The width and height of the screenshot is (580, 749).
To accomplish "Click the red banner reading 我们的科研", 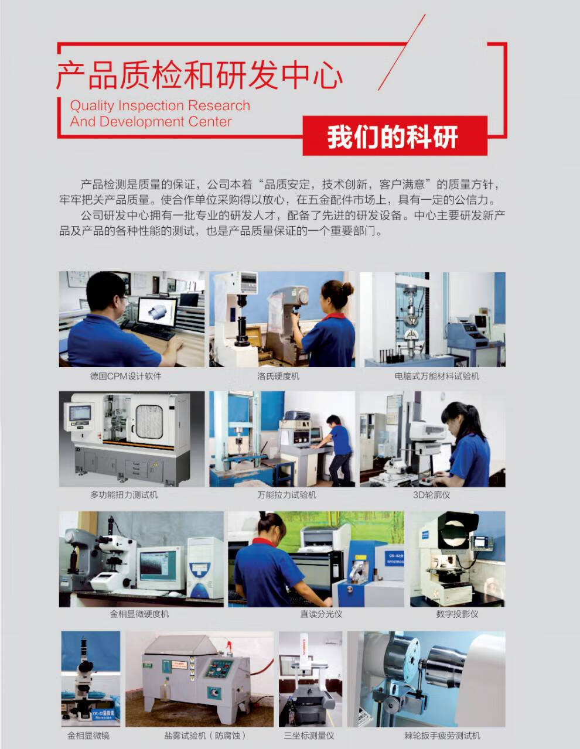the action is [395, 135].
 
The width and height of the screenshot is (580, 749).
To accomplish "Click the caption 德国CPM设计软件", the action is [126, 376].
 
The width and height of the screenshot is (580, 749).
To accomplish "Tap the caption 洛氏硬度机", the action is [278, 376].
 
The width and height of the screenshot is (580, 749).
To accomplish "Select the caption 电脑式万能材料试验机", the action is [437, 376].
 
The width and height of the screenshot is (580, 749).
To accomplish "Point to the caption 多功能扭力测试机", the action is [124, 495].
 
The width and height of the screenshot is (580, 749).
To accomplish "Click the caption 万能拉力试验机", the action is [286, 495].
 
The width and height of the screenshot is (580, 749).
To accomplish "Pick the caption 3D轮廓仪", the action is [431, 495].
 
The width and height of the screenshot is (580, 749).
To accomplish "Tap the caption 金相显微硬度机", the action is [139, 614].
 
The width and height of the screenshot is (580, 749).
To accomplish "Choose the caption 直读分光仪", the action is [321, 614].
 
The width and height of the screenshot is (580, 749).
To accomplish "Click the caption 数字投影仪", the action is [457, 614].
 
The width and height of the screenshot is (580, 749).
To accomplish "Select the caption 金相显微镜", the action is [88, 736].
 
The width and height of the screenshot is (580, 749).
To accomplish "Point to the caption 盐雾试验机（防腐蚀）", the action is [206, 736].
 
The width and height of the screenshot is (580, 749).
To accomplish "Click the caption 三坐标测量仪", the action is [309, 736].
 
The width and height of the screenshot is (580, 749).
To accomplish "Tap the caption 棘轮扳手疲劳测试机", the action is [442, 736].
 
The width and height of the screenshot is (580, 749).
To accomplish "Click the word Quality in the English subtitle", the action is [92, 106].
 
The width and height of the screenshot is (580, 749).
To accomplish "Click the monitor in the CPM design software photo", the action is [157, 313].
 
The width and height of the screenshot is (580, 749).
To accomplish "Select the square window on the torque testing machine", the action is [149, 421].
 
